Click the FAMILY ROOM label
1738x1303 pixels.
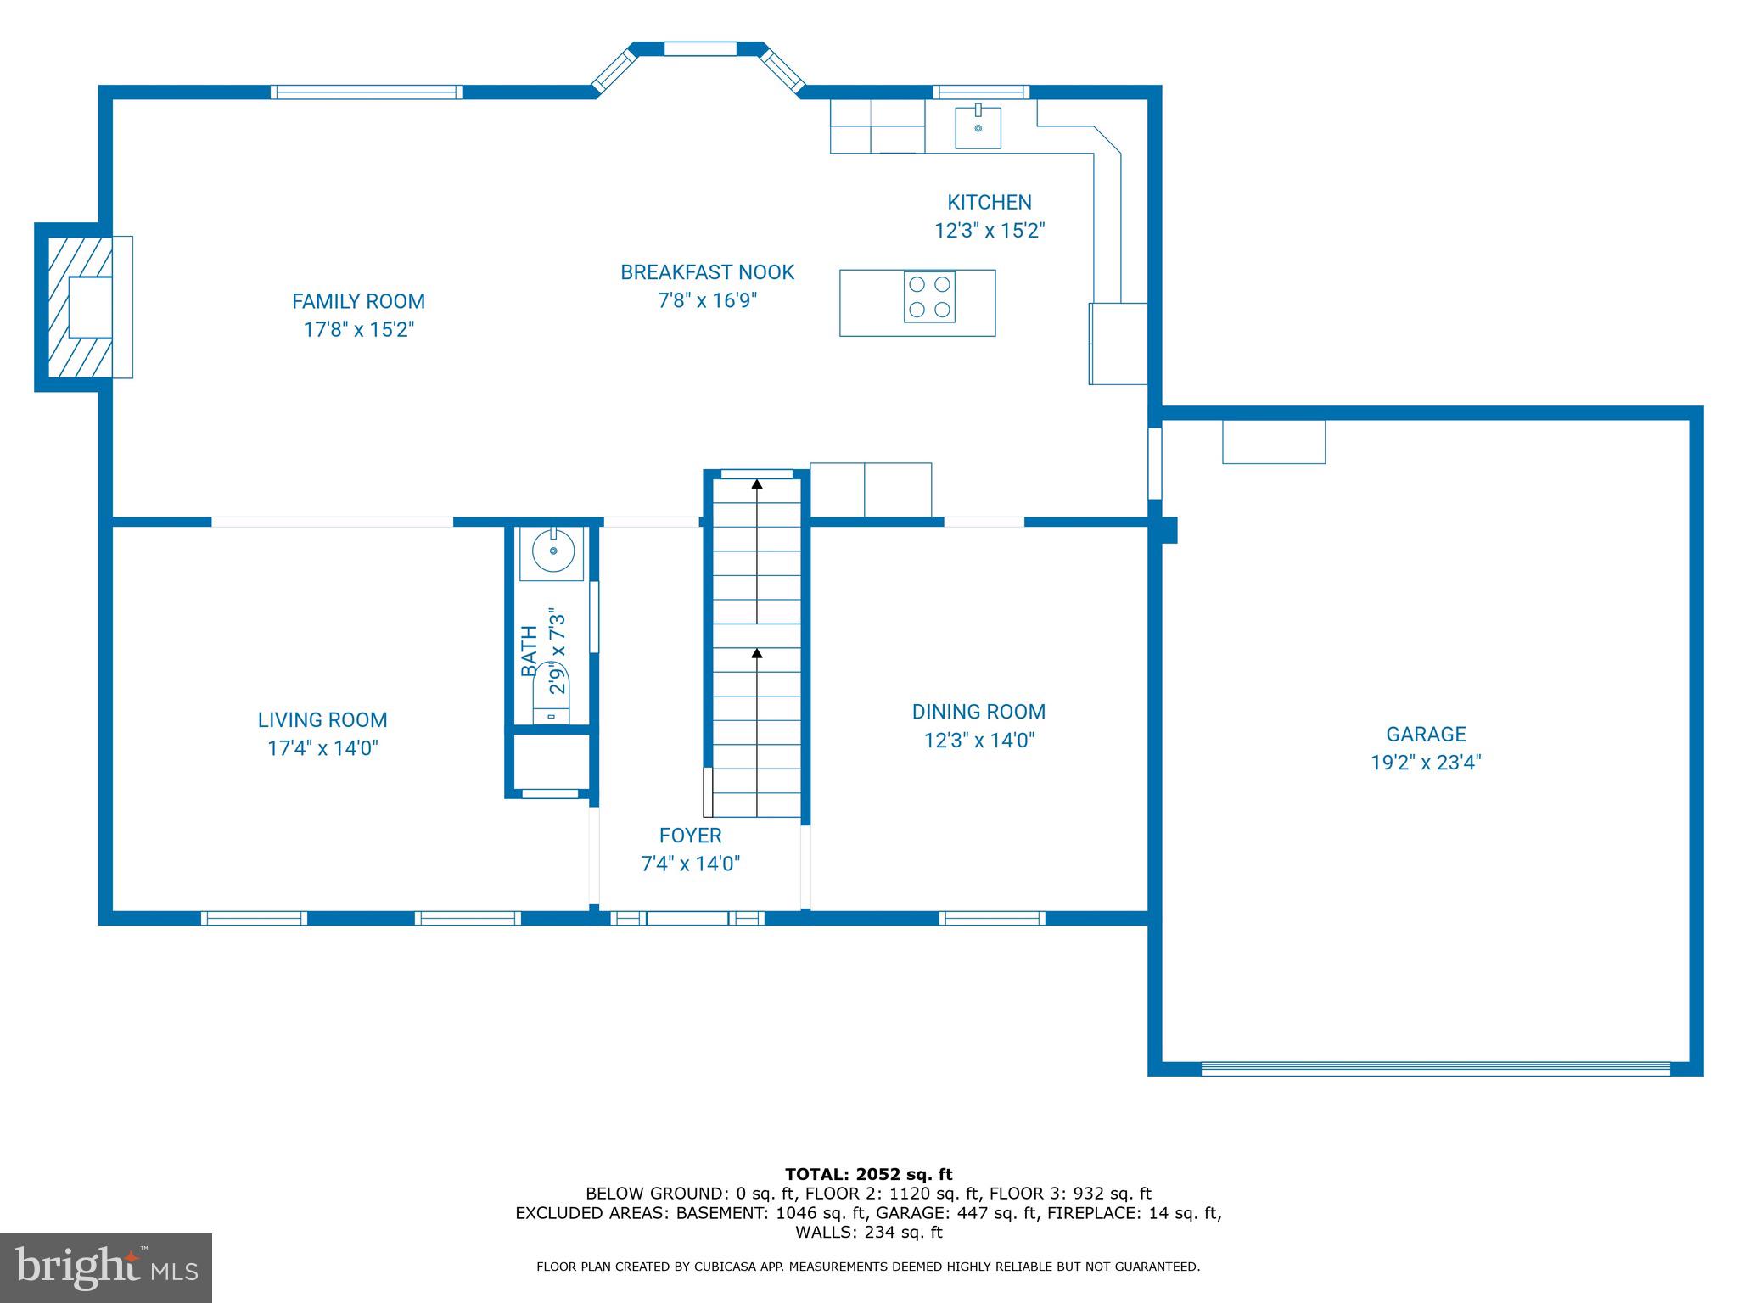point(358,301)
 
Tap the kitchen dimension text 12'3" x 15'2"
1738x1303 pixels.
point(990,231)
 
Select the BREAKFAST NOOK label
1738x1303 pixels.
point(707,272)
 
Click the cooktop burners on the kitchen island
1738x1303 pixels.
point(929,297)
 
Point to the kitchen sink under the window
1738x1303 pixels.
point(978,127)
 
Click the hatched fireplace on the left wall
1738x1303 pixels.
point(80,307)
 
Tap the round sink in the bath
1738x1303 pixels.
point(552,552)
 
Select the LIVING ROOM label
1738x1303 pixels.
point(322,720)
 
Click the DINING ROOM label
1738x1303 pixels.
point(978,712)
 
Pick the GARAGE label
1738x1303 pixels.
point(1426,734)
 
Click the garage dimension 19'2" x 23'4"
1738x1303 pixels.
point(1426,763)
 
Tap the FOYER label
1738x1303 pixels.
point(690,836)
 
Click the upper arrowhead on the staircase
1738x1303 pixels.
point(757,484)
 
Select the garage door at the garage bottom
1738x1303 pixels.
point(1435,1069)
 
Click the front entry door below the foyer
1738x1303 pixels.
point(687,918)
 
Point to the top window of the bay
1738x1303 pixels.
point(699,49)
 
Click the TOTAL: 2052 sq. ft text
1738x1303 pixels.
point(868,1175)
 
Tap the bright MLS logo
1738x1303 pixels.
point(106,1267)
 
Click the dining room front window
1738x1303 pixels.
point(991,918)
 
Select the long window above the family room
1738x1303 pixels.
point(367,92)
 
